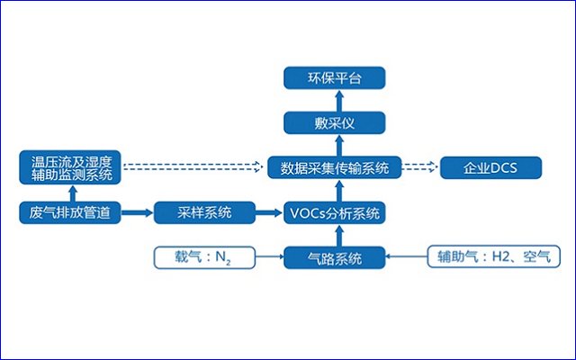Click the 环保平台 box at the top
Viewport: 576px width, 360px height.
[335, 77]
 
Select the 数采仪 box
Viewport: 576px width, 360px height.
[335, 122]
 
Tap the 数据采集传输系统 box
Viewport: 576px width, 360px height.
[335, 167]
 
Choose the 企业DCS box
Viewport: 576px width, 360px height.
[490, 167]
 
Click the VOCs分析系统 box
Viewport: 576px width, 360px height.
[335, 214]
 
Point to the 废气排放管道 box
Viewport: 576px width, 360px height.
[70, 214]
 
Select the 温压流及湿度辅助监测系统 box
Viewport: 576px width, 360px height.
[70, 167]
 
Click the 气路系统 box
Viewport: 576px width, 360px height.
[335, 259]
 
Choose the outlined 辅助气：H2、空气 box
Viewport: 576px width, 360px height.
[492, 259]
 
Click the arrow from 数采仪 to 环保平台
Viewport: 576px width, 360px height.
[335, 100]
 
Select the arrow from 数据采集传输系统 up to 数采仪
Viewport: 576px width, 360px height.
[335, 145]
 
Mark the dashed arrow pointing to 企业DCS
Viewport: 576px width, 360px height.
[419, 167]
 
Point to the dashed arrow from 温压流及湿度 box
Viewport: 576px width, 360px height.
[194, 167]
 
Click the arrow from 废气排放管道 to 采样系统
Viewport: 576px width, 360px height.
[137, 214]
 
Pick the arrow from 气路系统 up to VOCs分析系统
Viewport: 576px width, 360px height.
[335, 237]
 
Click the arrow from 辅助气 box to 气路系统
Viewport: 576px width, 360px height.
[407, 259]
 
